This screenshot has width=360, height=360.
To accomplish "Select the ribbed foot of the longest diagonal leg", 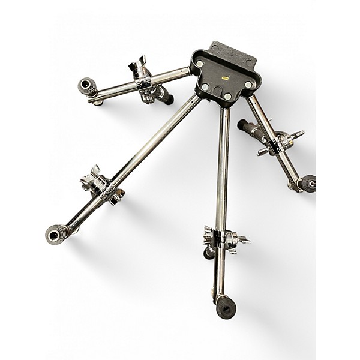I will click(x=58, y=232).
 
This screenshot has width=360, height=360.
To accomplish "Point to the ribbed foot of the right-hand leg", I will click(x=307, y=182).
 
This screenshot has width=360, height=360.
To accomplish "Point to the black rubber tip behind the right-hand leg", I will click(x=242, y=125).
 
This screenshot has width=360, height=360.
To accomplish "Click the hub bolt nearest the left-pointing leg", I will click(x=200, y=73).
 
